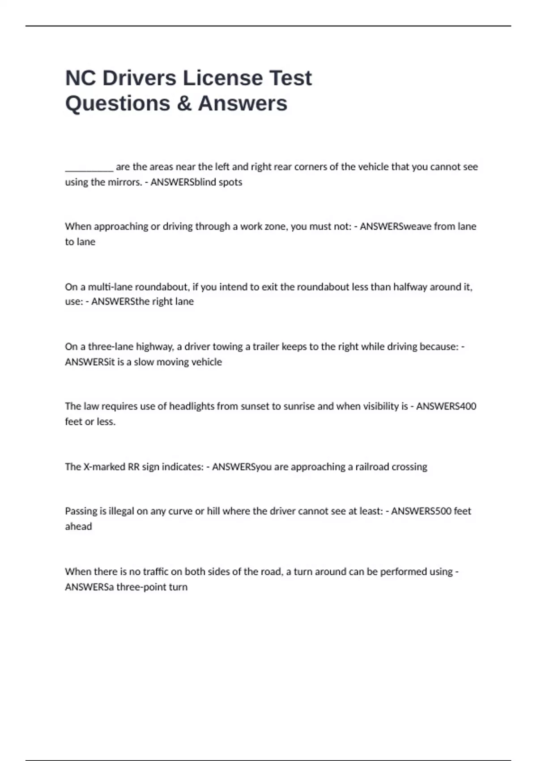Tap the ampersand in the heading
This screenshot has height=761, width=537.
[184, 103]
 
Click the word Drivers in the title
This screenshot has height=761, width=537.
[139, 78]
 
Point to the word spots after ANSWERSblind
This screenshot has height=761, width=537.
[230, 182]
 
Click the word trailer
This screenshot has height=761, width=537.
[266, 347]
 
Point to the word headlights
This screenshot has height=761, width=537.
[192, 406]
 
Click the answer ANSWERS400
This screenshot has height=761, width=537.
[446, 406]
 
